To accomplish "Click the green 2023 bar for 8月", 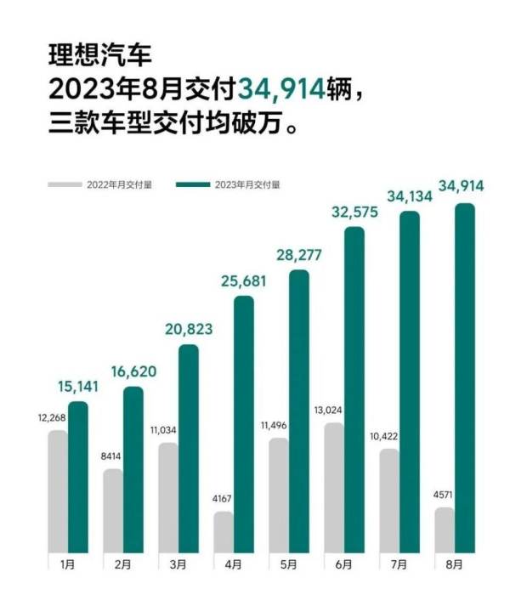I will (465, 378).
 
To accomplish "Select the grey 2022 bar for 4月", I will (223, 532).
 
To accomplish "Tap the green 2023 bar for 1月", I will (78, 477).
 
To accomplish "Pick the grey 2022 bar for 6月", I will (333, 487).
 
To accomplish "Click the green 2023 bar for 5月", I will (298, 411).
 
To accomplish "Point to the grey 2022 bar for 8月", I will (444, 530).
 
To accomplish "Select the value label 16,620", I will (133, 373).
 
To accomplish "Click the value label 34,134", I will (409, 197).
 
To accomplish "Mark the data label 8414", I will (111, 457).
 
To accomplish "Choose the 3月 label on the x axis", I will (177, 564).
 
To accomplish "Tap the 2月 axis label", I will (122, 564).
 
